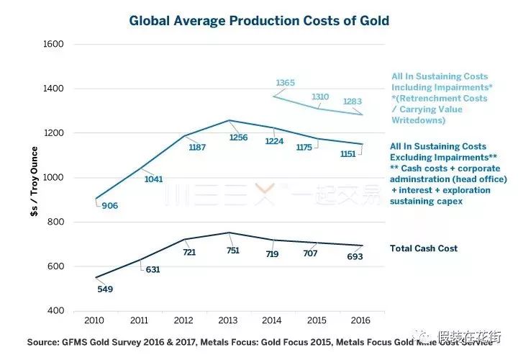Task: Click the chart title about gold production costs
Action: [x=259, y=20]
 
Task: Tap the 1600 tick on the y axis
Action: [x=55, y=45]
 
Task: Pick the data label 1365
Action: [x=286, y=83]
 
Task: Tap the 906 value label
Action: [x=109, y=206]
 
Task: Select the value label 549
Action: [x=106, y=289]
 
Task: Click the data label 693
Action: [x=355, y=256]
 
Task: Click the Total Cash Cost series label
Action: [x=424, y=248]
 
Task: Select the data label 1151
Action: [x=350, y=154]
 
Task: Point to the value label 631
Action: [x=153, y=270]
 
